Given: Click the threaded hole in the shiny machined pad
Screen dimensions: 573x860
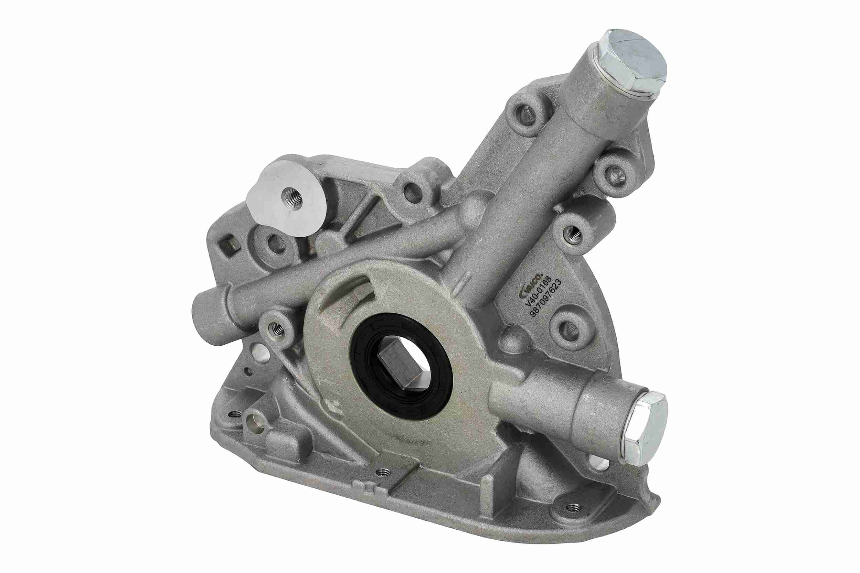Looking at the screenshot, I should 293,199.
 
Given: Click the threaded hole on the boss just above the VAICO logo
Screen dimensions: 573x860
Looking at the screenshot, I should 573,234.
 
